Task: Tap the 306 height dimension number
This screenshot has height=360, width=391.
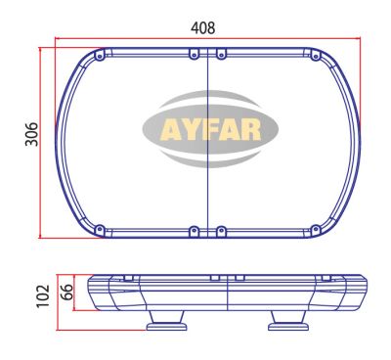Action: (30, 136)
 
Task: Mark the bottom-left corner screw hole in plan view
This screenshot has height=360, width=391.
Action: (98, 230)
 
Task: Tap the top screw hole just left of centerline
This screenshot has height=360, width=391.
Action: (195, 51)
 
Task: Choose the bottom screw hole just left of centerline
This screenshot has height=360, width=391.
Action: (195, 232)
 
